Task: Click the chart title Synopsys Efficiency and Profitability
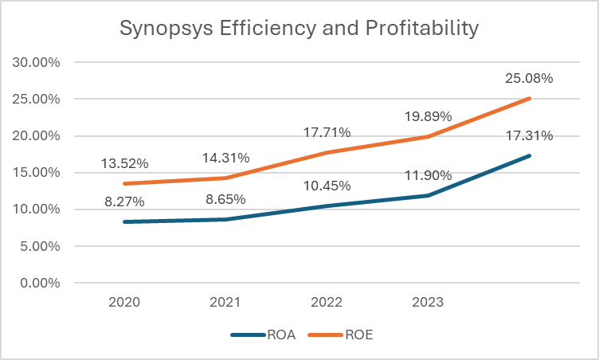[299, 28]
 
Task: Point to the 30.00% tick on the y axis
[40, 62]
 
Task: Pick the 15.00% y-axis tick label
[40, 173]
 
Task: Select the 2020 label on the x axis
[123, 303]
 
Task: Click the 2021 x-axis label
[225, 303]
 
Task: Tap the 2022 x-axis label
[327, 303]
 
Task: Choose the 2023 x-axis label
[429, 303]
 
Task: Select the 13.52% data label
[123, 164]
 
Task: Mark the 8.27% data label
[123, 202]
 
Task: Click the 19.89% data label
[429, 117]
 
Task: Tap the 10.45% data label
[327, 186]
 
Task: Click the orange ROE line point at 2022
[327, 152]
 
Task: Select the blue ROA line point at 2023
[429, 195]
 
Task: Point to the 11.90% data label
[429, 175]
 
